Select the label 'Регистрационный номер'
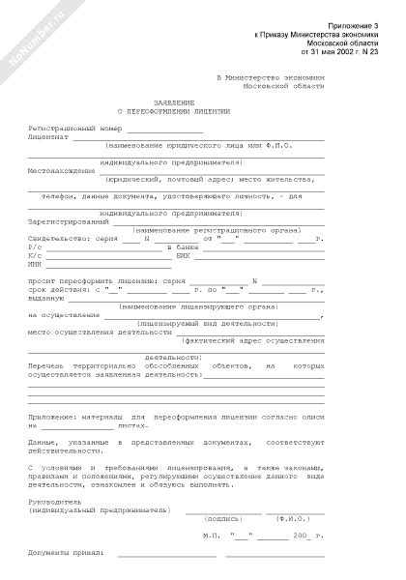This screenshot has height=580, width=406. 71,127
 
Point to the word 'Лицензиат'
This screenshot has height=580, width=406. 49,136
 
